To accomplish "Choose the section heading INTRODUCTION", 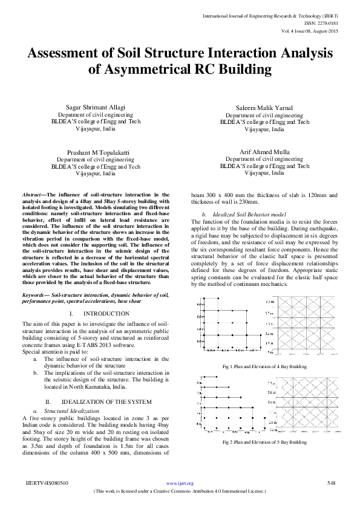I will (x=106, y=313).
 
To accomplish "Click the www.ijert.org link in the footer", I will (x=180, y=483).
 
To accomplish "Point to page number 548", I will (x=331, y=483).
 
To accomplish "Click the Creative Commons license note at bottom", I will (x=180, y=491).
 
